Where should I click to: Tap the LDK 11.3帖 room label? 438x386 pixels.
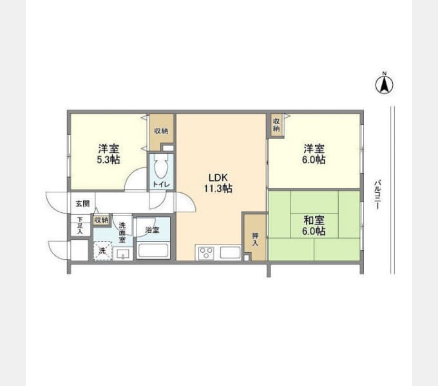(218, 183)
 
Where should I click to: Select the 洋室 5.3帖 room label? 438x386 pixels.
(108, 154)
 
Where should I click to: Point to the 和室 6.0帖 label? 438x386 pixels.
(314, 226)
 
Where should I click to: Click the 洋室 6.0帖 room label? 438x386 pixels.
(314, 154)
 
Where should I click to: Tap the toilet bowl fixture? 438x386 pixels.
(161, 167)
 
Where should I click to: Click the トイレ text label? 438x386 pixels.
(161, 185)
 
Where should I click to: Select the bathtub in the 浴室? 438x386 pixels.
(153, 250)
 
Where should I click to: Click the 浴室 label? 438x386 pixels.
(152, 230)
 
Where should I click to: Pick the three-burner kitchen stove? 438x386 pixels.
(206, 253)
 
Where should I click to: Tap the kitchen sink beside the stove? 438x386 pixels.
(231, 253)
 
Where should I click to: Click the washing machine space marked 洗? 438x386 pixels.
(102, 251)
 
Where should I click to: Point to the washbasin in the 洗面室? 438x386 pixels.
(123, 254)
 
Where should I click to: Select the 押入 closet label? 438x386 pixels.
(255, 239)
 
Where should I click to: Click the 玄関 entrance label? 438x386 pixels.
(82, 203)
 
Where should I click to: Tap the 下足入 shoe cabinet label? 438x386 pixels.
(80, 225)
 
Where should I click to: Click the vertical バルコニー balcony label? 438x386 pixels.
(377, 195)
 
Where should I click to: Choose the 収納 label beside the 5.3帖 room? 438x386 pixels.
(161, 131)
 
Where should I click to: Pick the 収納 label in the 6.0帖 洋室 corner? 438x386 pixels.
(276, 125)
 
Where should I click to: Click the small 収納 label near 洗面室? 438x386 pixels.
(101, 220)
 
